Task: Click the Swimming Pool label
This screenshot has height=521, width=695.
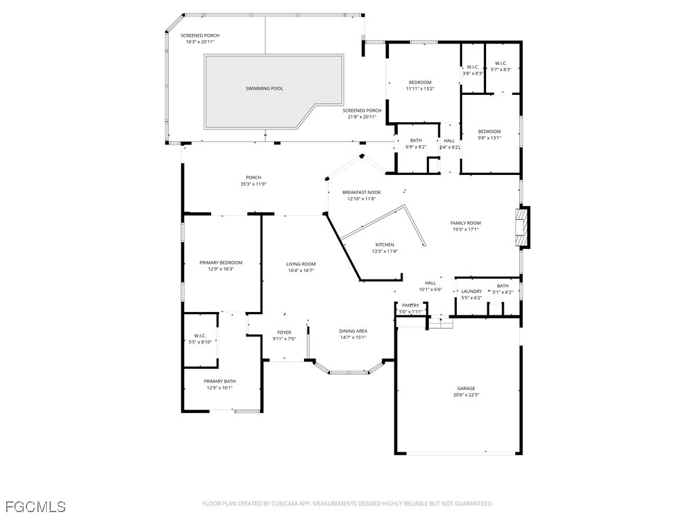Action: [264, 88]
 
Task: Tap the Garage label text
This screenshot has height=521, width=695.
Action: [466, 388]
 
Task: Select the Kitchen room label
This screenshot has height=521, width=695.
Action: [384, 245]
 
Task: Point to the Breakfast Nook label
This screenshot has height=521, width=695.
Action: [361, 192]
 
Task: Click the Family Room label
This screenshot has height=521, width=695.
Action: [465, 223]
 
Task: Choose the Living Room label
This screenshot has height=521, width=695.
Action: [300, 264]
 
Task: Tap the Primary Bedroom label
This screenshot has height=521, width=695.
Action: [221, 263]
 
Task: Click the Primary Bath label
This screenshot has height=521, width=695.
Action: [220, 381]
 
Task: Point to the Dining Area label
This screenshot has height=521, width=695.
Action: [353, 331]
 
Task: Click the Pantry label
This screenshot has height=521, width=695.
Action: [411, 305]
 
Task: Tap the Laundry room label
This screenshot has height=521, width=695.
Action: [471, 291]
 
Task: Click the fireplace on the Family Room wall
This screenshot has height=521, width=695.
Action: [521, 228]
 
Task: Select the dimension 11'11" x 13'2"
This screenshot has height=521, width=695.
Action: [419, 88]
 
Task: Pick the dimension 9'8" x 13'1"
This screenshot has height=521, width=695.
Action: [489, 138]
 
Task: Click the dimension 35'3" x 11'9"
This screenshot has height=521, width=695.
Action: [253, 184]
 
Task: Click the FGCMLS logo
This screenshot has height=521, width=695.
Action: [35, 506]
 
